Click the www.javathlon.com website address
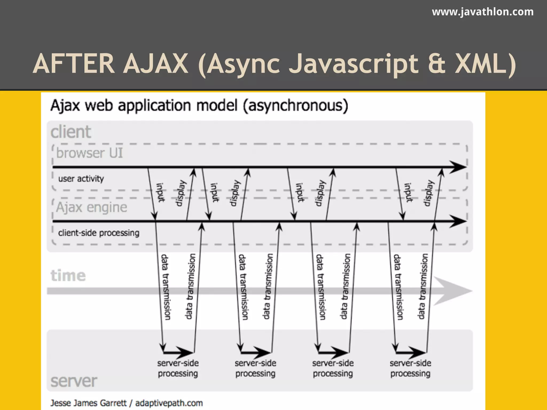[483, 12]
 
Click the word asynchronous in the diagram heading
[295, 105]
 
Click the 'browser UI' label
[89, 153]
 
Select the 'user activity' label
[81, 179]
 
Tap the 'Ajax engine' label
[92, 207]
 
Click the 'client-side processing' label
[99, 233]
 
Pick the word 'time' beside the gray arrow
[68, 275]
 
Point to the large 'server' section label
[74, 381]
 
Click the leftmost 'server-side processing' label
[178, 368]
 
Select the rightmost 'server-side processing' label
[410, 368]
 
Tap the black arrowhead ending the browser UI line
[458, 167]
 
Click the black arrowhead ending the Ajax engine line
[458, 221]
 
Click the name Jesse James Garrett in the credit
[88, 403]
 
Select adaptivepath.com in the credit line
[169, 403]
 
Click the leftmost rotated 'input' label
[160, 192]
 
